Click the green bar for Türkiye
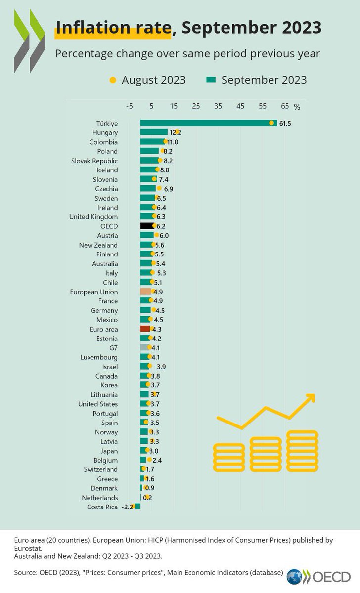point(208,123)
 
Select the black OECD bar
point(147,226)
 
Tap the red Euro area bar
point(145,329)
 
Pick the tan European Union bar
point(146,292)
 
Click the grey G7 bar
point(145,347)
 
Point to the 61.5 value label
point(285,123)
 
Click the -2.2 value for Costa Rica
point(128,507)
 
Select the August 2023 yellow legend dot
point(113,80)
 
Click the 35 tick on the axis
point(218,106)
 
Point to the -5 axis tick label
point(130,106)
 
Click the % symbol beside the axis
point(297,106)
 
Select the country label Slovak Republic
point(94,161)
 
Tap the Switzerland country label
point(100,469)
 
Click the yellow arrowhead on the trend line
point(311,398)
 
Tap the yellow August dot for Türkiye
point(271,123)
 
